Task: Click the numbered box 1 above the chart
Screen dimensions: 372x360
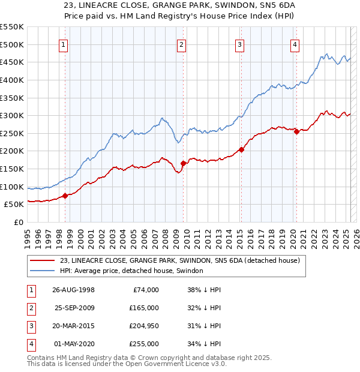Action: coord(64,44)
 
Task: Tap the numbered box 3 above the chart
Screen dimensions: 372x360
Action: coord(239,44)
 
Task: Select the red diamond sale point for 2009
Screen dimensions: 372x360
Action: coord(183,163)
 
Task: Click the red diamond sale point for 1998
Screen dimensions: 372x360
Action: coord(65,195)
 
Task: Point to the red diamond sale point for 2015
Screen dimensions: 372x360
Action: coord(241,149)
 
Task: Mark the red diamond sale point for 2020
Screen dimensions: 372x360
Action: coord(296,132)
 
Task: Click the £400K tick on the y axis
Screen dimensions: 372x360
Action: coord(13,80)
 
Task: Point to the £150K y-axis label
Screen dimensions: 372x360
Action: coord(13,169)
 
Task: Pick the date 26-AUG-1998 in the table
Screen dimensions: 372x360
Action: coord(73,289)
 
